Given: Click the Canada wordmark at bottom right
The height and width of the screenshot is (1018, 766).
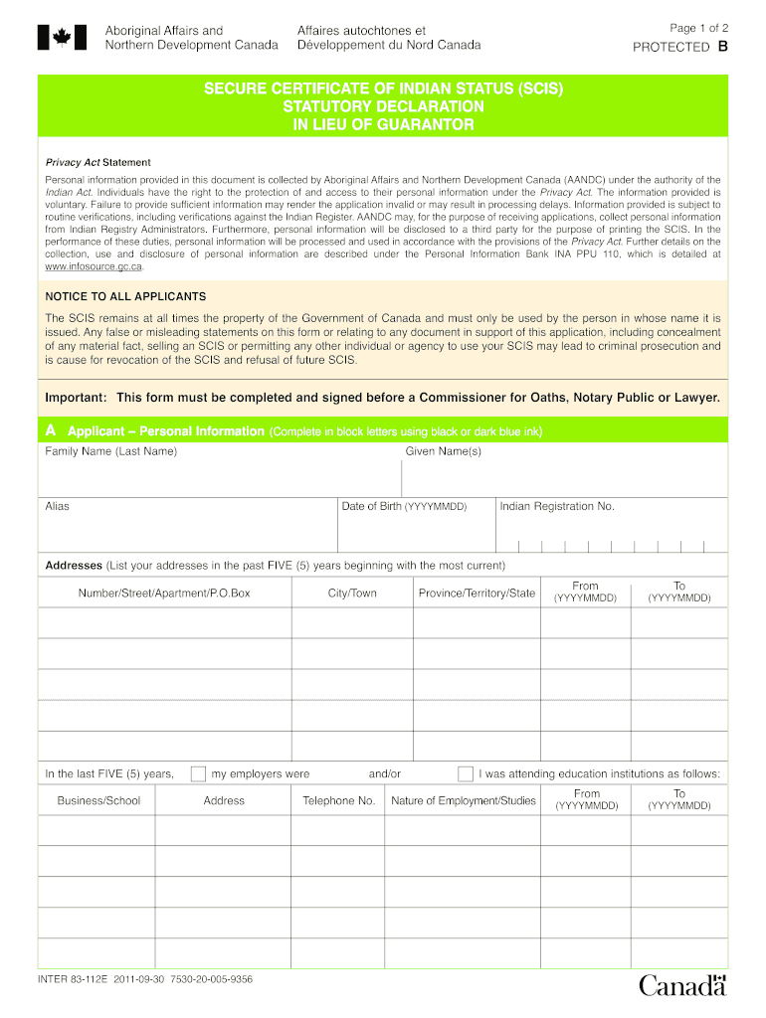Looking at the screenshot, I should pos(682,985).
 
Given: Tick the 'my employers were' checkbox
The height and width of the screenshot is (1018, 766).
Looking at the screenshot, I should pos(198,774).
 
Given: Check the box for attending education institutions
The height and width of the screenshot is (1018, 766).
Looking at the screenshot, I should pos(465,774).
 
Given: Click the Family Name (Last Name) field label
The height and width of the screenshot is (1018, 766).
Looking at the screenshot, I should pos(111,452).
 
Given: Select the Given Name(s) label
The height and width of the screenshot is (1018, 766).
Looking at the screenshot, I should pos(444,452).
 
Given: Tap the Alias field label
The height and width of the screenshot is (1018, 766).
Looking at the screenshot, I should pos(58,506).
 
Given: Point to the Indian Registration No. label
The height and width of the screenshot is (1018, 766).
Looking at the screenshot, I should pos(557,506).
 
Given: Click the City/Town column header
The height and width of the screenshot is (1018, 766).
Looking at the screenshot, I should pos(352,594).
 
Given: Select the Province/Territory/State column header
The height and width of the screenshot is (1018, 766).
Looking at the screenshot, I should pos(477,594).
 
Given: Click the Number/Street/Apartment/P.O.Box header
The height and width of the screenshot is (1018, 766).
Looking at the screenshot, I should pos(164,594).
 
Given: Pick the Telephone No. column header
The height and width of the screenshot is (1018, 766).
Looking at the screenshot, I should pos(339,801).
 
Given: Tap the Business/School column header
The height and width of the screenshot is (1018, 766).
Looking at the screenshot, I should pos(98,801).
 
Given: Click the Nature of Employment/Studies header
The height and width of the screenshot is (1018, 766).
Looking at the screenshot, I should pos(464,801).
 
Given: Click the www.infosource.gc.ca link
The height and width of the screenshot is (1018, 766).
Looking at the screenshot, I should pos(95,266).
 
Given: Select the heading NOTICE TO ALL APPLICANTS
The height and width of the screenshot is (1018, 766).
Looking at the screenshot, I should pos(125,296).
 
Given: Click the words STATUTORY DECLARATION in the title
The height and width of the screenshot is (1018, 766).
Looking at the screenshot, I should pos(383,106).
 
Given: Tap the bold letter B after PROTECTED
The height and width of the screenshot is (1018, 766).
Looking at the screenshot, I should pos(722,47).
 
